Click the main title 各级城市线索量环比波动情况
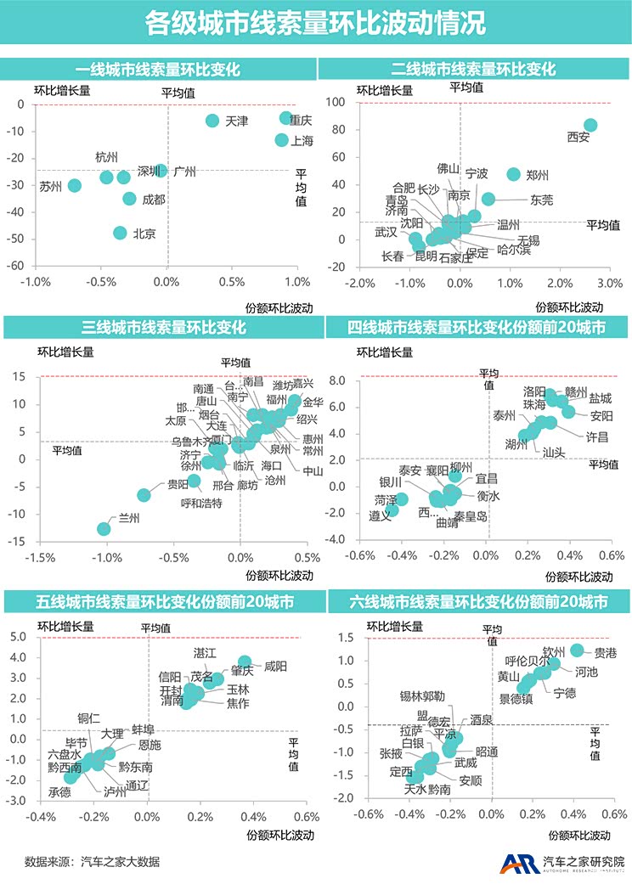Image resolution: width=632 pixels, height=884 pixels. click(x=315, y=23)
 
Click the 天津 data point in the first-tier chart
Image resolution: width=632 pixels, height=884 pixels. click(x=212, y=121)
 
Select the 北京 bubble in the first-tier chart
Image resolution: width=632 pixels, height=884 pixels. click(x=121, y=233)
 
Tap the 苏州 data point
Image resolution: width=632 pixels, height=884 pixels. click(x=75, y=185)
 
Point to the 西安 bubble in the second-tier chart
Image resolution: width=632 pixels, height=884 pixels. click(x=590, y=125)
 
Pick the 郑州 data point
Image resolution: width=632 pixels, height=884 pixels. click(x=513, y=174)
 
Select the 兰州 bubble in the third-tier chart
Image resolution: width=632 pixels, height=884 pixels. click(x=104, y=529)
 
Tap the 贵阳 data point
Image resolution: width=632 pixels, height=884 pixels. click(x=144, y=494)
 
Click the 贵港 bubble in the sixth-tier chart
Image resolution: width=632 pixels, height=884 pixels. click(x=577, y=650)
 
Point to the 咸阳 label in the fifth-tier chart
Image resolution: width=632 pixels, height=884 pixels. click(x=276, y=667)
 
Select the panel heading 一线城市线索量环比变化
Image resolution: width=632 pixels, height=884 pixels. click(x=158, y=69)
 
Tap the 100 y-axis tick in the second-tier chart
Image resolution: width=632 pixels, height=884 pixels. click(x=338, y=102)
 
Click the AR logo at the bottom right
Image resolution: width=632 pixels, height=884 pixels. click(x=514, y=863)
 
